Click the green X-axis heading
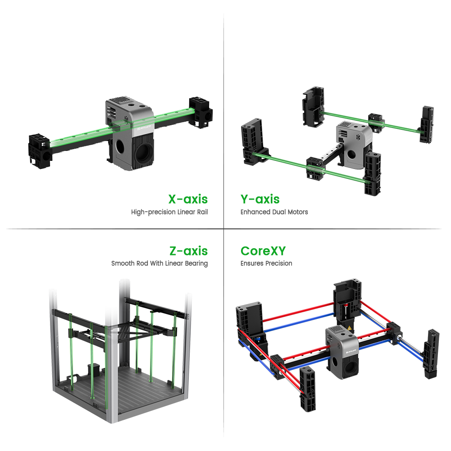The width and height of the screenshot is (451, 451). click(x=188, y=199)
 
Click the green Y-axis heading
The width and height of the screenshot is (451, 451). click(x=260, y=199)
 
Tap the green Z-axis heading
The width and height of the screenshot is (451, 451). click(x=188, y=251)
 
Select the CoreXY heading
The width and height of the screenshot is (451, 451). click(x=263, y=251)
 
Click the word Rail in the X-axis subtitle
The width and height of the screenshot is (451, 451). click(x=202, y=212)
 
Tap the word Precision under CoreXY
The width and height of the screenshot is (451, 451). click(x=278, y=264)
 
